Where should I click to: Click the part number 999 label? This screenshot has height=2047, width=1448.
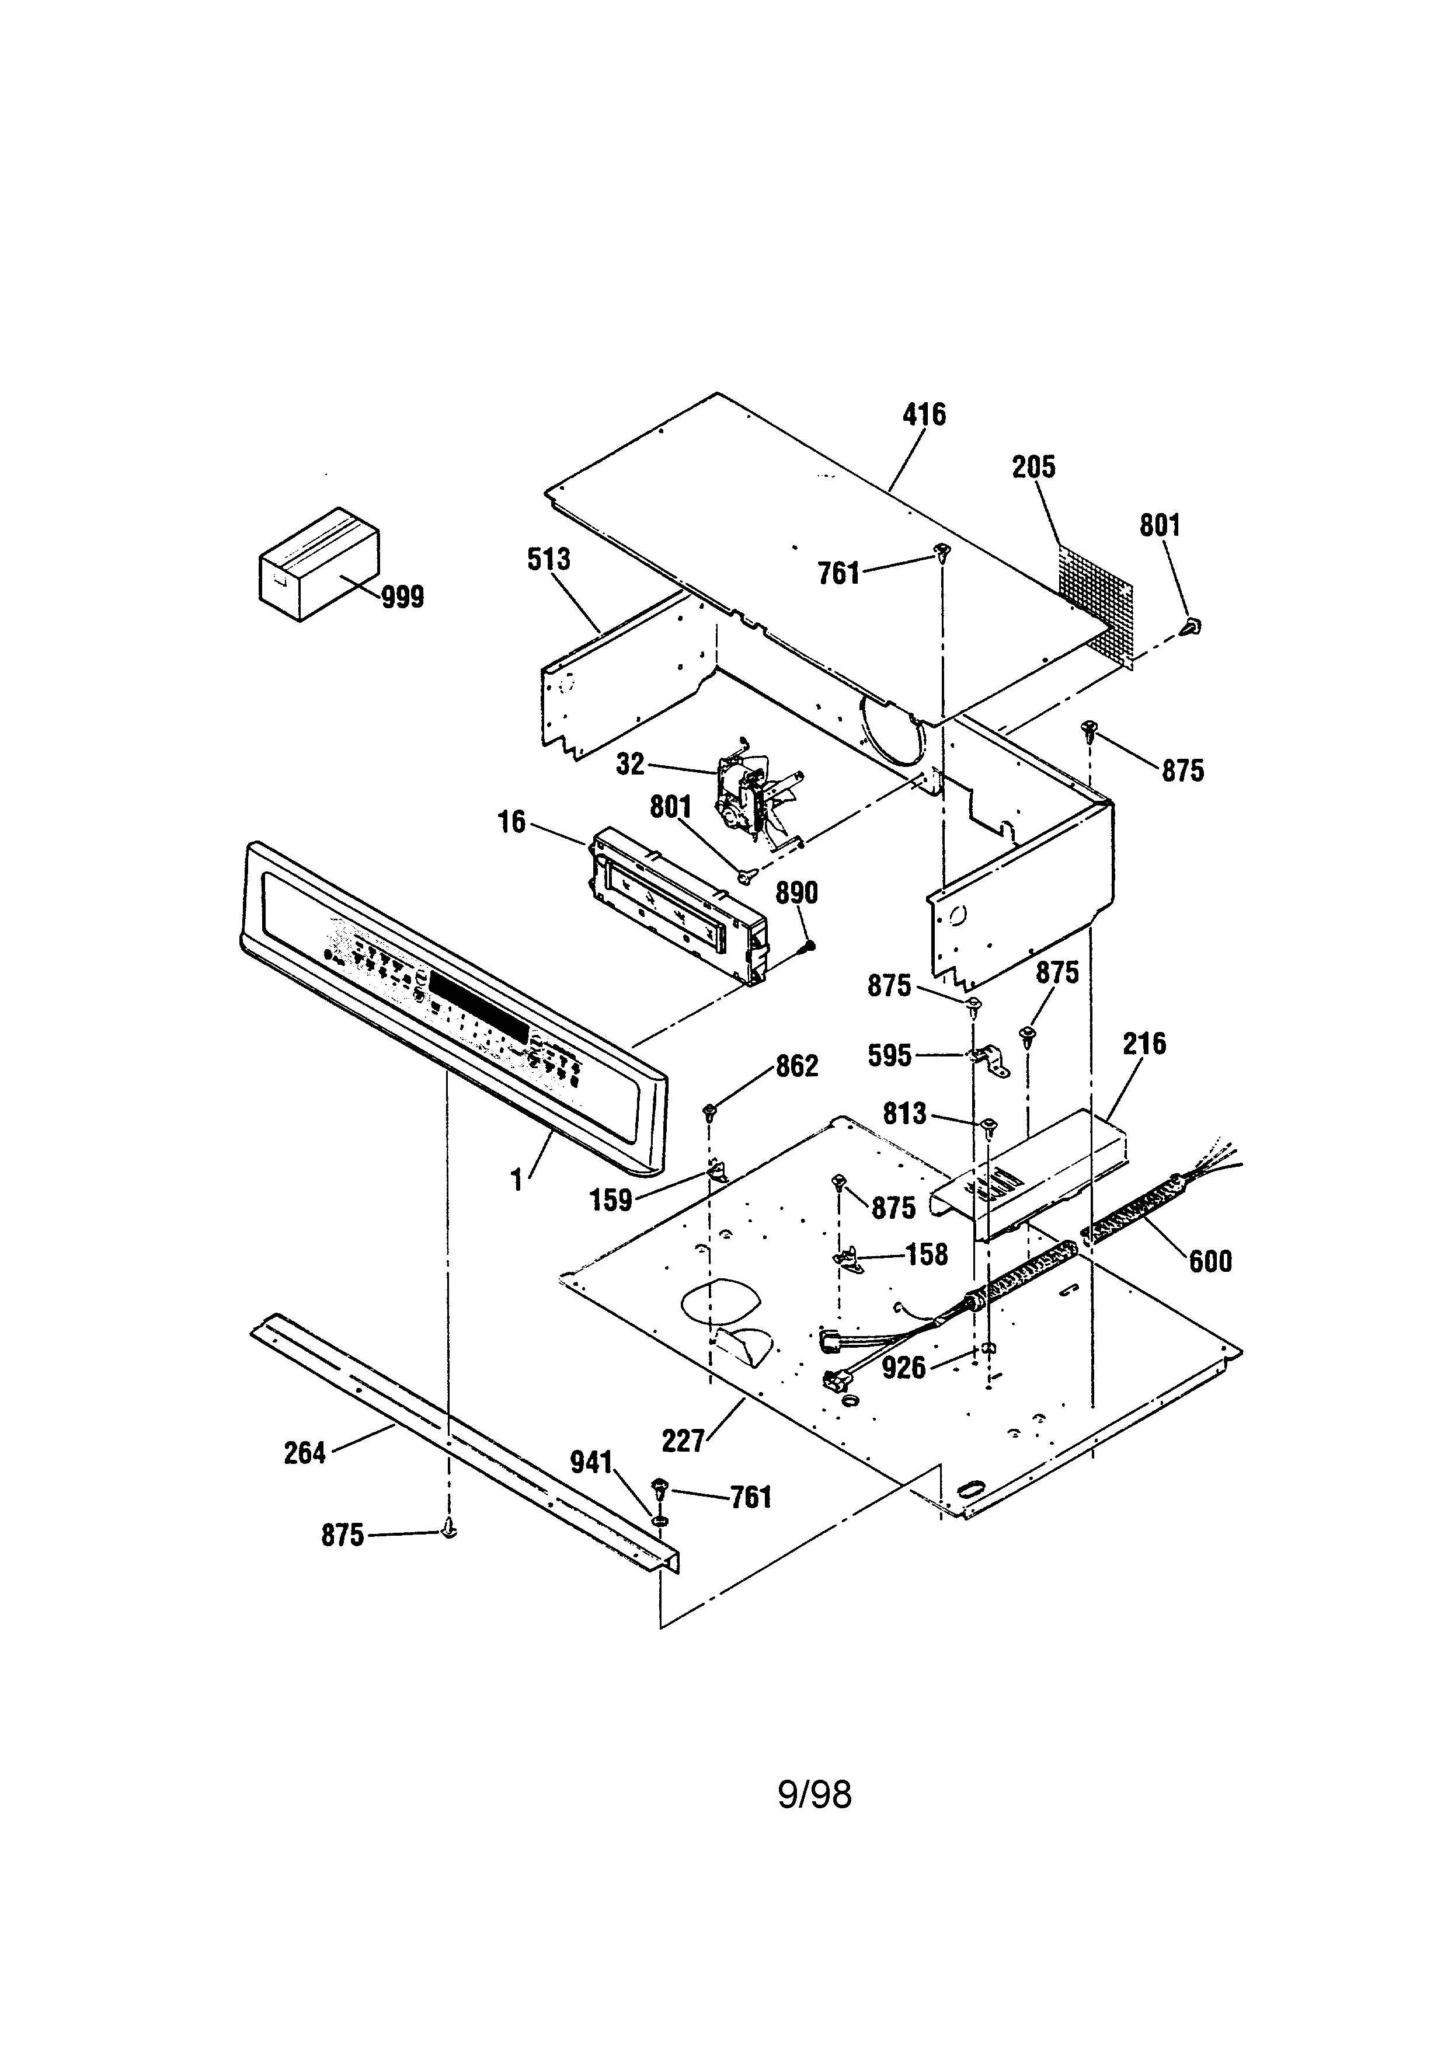tap(403, 597)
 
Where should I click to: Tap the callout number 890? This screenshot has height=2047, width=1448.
tap(796, 892)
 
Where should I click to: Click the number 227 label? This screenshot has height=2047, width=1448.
tap(683, 1441)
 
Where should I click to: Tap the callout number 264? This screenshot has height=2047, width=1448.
tap(305, 1453)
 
